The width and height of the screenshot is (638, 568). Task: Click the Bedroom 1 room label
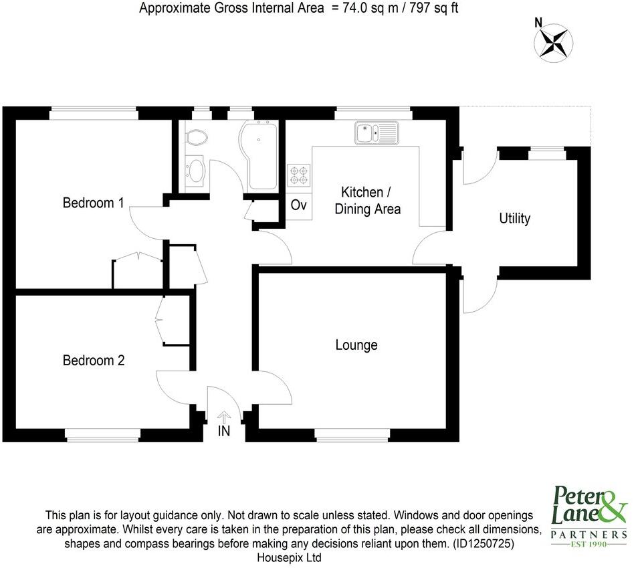click(x=93, y=203)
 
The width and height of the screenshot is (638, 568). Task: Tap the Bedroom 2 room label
click(x=93, y=361)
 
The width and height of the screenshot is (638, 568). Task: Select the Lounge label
click(x=356, y=345)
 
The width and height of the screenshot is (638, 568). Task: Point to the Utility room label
click(x=515, y=219)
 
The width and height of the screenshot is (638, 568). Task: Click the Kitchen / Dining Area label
click(x=368, y=201)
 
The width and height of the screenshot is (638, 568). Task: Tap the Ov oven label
click(x=299, y=205)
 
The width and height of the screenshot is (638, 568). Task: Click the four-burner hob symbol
click(x=299, y=175)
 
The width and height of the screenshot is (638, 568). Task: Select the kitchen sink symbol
click(x=377, y=133)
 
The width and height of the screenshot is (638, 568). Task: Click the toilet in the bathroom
click(x=197, y=136)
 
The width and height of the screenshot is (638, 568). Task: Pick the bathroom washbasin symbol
click(x=195, y=170)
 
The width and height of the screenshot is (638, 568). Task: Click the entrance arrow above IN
click(x=224, y=417)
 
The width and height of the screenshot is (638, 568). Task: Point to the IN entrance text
click(x=224, y=432)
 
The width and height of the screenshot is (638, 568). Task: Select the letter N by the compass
click(x=538, y=22)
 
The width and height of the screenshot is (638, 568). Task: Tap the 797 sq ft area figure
click(x=435, y=9)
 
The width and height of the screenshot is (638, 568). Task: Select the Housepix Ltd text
click(x=290, y=557)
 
